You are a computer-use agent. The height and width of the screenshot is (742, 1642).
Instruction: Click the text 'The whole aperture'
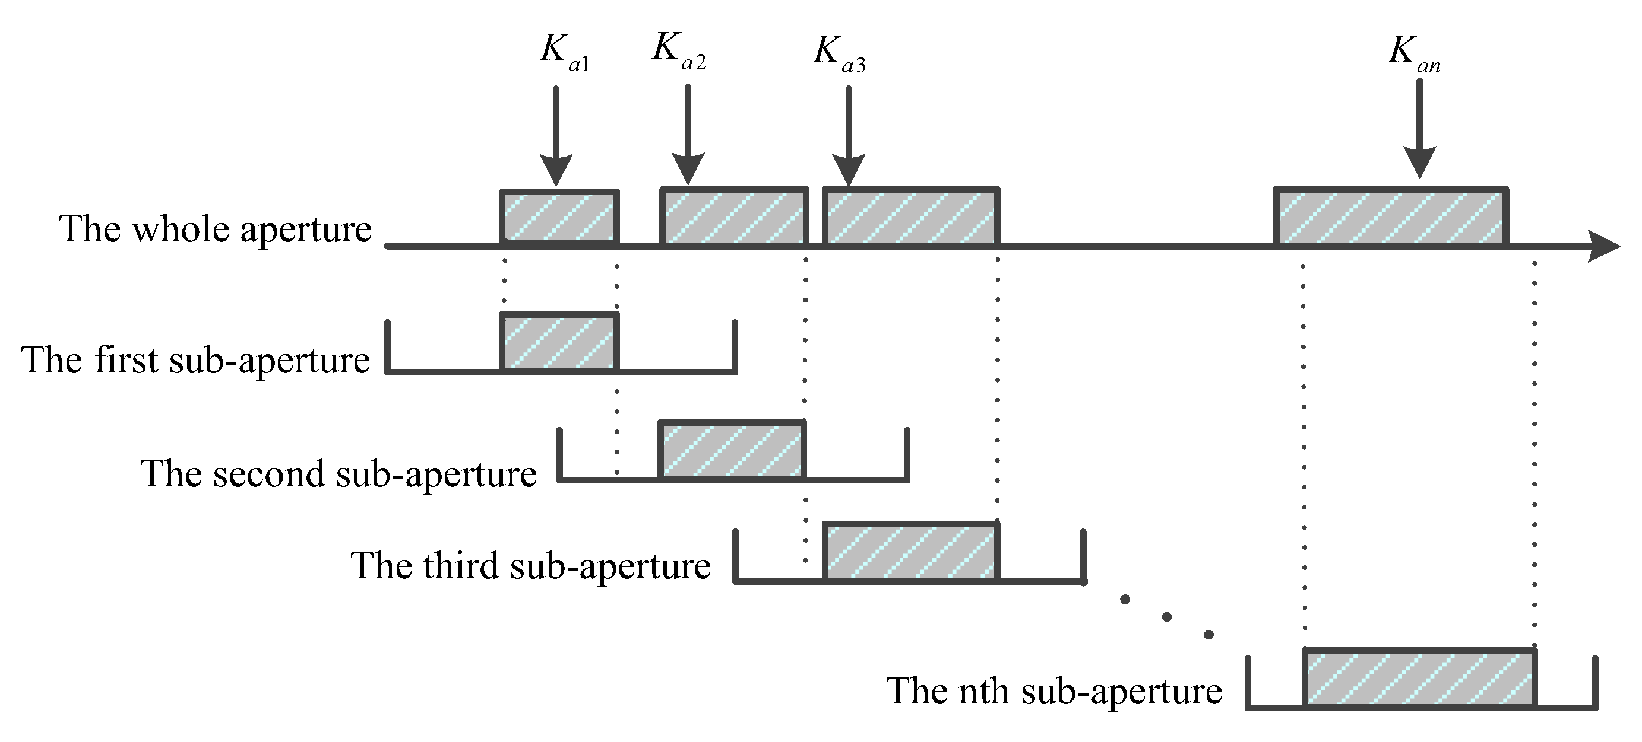(216, 230)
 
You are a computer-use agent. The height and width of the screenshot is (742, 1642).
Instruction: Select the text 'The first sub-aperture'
(196, 361)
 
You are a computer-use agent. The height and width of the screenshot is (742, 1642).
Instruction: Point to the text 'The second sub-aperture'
(338, 475)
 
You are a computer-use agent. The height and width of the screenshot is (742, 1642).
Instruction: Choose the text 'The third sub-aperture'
(530, 566)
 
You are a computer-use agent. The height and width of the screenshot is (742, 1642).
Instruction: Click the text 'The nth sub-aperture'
(1053, 691)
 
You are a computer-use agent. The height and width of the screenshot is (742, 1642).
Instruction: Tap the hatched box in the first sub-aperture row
(559, 342)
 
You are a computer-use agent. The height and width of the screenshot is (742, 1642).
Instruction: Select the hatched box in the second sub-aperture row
(732, 449)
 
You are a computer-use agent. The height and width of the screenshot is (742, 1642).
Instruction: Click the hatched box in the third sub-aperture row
(910, 551)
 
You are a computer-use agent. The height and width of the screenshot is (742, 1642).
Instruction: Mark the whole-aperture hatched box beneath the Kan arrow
(1391, 216)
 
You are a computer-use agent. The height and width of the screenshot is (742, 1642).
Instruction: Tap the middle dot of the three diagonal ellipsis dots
(1166, 616)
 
